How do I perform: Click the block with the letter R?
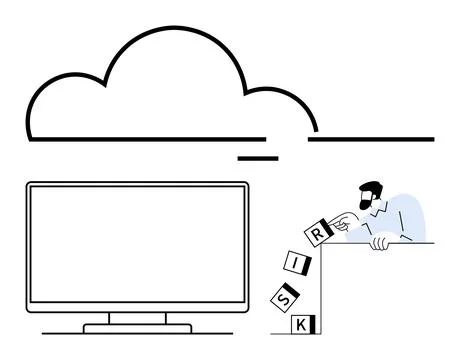[317, 232]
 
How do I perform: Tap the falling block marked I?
[298, 264]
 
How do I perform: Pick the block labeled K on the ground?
[303, 324]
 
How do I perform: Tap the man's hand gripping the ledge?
[381, 241]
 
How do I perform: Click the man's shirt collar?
[384, 206]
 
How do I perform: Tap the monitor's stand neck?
[137, 318]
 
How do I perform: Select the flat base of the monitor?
[137, 327]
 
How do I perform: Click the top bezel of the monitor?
[137, 185]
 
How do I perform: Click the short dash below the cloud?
[257, 158]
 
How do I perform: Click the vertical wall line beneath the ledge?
[320, 290]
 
